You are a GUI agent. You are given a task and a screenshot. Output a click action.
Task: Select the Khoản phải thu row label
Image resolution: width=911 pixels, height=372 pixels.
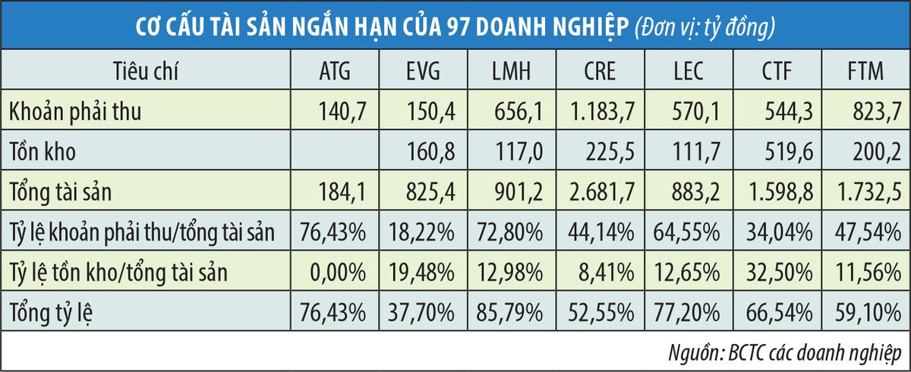click(x=76, y=112)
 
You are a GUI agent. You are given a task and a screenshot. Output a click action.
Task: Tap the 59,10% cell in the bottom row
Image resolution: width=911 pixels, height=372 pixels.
click(x=870, y=311)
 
